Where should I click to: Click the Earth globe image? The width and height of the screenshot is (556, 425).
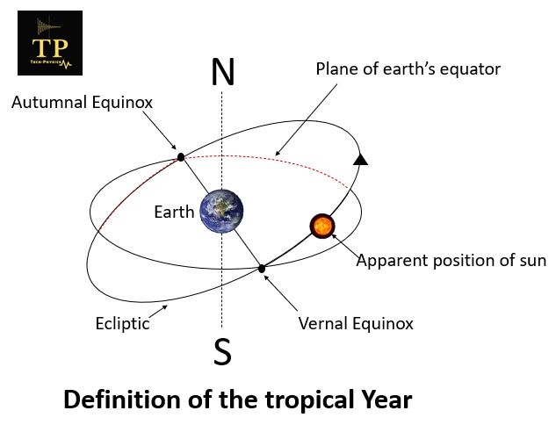point(220,211)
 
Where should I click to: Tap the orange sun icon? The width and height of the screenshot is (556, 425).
point(322,226)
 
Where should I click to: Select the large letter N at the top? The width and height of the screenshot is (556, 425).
point(222,73)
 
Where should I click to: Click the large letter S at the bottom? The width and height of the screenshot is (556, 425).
point(222,351)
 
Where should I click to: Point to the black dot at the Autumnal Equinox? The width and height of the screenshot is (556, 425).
point(180,157)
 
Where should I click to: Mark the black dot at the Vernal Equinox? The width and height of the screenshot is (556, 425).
point(262,268)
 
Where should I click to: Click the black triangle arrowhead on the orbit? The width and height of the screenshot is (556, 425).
point(359,159)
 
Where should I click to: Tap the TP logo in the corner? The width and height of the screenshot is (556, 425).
point(50,43)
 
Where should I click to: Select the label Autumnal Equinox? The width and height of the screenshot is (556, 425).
point(82,103)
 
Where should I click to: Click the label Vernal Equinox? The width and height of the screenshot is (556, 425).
point(356,323)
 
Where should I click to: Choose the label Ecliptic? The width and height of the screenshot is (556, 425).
point(122,323)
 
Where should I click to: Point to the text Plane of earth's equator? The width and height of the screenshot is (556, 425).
point(408,68)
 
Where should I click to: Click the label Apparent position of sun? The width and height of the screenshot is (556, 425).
point(451,260)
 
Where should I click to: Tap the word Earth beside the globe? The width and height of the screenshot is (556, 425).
point(174,212)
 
